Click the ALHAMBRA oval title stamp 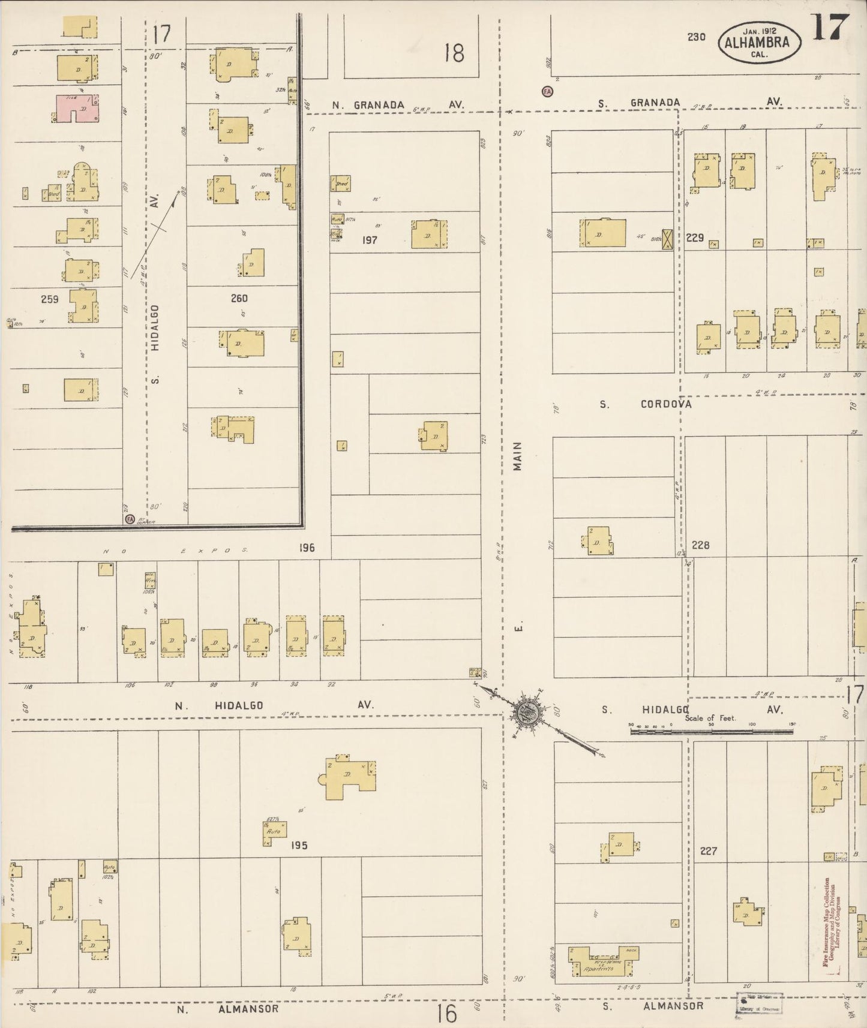[x=761, y=42]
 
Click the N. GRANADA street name [x=368, y=105]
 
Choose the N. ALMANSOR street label [x=228, y=1009]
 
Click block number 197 [x=370, y=240]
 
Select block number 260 [x=238, y=298]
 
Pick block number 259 [x=50, y=299]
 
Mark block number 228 [x=700, y=545]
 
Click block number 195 [x=299, y=845]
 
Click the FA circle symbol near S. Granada [x=547, y=92]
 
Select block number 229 [x=695, y=238]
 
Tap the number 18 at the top [x=454, y=53]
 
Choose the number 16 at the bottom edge [x=447, y=1014]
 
